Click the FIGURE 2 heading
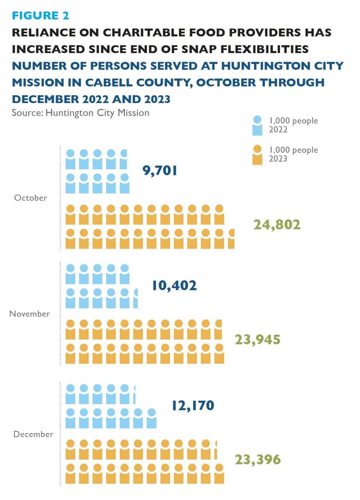(x=40, y=15)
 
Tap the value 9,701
(x=160, y=170)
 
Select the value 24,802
(x=277, y=224)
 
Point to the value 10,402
(x=174, y=285)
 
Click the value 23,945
(x=258, y=339)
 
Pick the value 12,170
(x=193, y=405)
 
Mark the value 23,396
(x=258, y=460)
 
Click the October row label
(x=31, y=198)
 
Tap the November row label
(x=30, y=314)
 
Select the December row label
(x=33, y=434)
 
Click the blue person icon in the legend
(x=257, y=126)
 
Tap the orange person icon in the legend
(x=257, y=155)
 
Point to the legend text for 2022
(x=293, y=125)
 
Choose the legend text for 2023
(x=293, y=154)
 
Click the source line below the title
(x=80, y=113)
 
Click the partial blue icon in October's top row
(x=124, y=159)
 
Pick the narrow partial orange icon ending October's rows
(x=231, y=239)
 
